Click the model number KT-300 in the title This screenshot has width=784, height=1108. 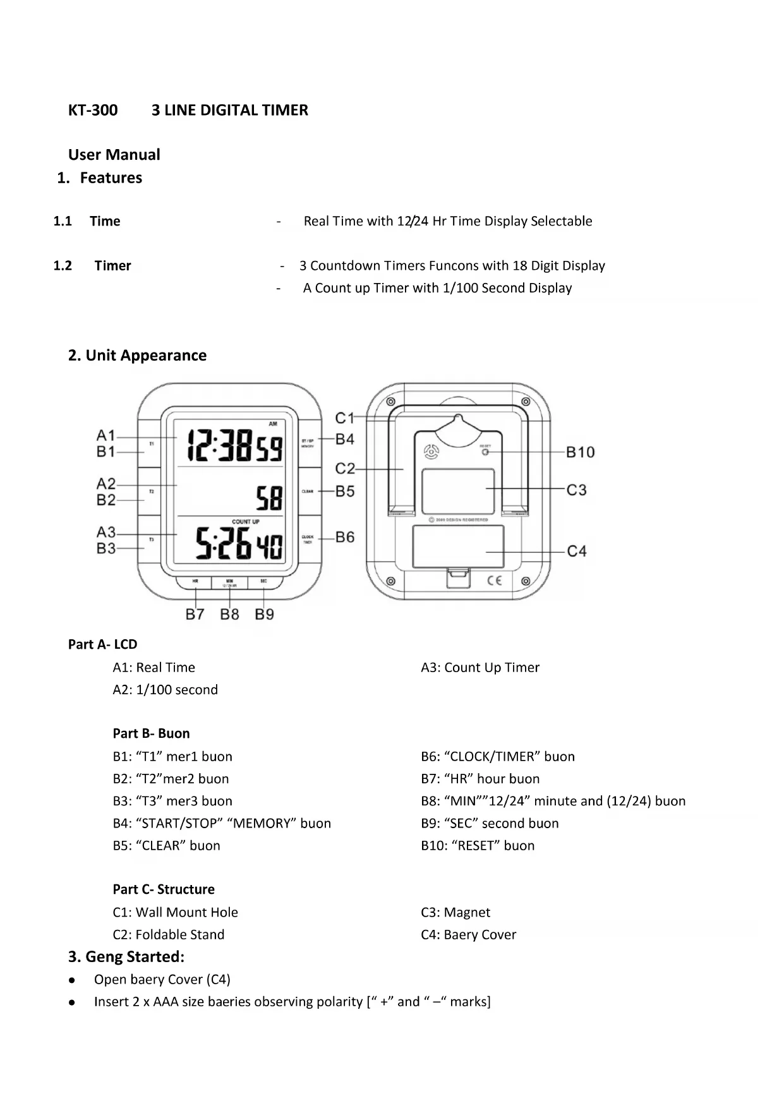coord(93,111)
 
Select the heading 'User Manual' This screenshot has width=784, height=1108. coord(114,155)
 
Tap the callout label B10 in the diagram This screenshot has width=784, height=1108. coord(580,452)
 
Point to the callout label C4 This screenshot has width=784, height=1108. coord(576,551)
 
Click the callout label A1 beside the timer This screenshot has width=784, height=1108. coord(106,435)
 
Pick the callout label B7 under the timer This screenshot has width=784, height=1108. coord(195,614)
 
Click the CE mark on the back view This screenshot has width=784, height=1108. coord(494,581)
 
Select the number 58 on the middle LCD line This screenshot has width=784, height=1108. coord(269,498)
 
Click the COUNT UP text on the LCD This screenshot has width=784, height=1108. coord(246,522)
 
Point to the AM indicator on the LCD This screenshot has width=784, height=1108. coord(273,424)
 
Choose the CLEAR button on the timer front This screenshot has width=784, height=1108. coord(308,491)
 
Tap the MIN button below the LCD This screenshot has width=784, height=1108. coord(229,582)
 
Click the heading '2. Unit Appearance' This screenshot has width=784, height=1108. coord(137,356)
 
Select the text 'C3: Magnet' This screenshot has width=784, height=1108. coord(455,912)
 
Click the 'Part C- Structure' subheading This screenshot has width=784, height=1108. coord(164,889)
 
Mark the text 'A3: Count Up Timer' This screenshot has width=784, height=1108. coord(480,668)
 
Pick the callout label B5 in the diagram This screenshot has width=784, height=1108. coord(345,491)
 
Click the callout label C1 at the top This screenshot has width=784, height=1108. coord(345,418)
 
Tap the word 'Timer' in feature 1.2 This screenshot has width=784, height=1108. coord(112,266)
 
